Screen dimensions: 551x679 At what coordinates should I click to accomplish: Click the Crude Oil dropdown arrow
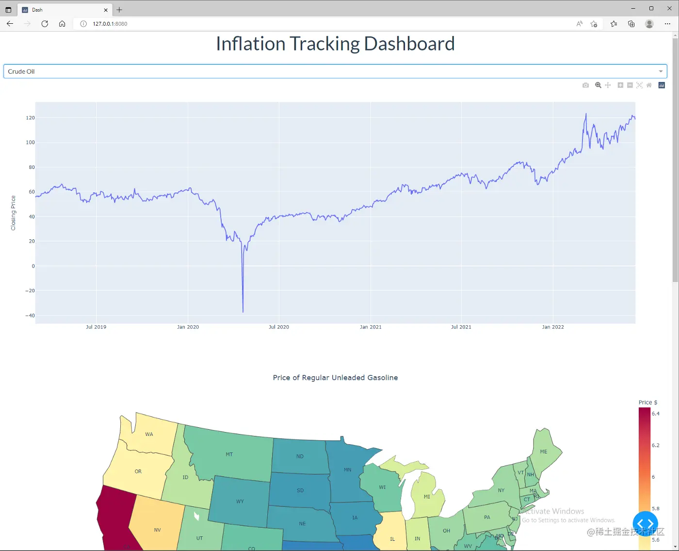click(x=661, y=71)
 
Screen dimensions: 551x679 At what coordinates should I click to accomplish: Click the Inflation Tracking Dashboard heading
click(x=335, y=44)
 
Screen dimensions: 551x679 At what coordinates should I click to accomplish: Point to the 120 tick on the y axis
click(x=30, y=118)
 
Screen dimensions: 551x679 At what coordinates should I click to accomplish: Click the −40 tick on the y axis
click(x=30, y=316)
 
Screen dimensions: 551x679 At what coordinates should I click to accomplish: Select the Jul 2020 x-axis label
click(x=279, y=327)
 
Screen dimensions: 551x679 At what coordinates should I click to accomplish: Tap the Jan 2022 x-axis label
click(x=553, y=327)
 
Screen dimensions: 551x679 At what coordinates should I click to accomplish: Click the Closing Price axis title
click(x=14, y=213)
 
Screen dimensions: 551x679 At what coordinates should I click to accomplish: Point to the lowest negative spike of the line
click(x=243, y=312)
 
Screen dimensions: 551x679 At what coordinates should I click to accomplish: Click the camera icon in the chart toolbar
click(x=585, y=85)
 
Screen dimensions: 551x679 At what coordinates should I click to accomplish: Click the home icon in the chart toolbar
click(x=649, y=85)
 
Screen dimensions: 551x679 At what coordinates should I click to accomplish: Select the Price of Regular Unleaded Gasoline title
click(x=335, y=378)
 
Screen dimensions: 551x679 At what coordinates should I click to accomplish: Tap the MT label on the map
click(x=229, y=454)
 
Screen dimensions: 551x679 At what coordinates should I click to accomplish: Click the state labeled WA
click(x=149, y=434)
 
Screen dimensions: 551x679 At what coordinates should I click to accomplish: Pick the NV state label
click(x=157, y=530)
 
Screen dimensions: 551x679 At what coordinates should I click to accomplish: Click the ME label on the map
click(x=544, y=451)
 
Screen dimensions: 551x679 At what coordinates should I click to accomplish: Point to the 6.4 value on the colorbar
click(x=656, y=414)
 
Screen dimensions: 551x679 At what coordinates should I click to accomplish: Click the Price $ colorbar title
click(x=648, y=402)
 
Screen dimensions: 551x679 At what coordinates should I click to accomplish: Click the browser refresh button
click(x=45, y=24)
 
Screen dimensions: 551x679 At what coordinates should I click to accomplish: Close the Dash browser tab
click(x=106, y=10)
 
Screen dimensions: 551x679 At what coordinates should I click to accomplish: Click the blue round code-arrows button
click(x=645, y=524)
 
